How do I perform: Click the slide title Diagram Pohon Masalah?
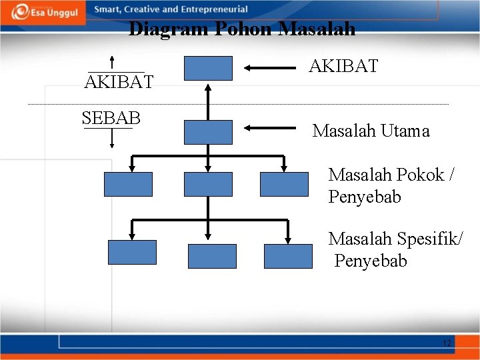click(x=241, y=29)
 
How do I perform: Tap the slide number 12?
click(x=447, y=343)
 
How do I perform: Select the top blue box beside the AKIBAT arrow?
click(x=208, y=68)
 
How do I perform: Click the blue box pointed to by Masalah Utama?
click(x=208, y=132)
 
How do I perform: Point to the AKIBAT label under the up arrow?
click(x=119, y=82)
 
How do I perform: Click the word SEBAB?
click(x=111, y=119)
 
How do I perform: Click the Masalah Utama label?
click(x=371, y=131)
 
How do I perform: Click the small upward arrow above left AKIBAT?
click(x=112, y=58)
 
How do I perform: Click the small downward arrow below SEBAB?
click(x=111, y=138)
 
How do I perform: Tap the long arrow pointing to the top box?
click(x=270, y=67)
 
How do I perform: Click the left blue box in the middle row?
click(x=128, y=184)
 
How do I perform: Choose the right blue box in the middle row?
click(x=284, y=184)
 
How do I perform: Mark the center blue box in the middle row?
click(x=208, y=184)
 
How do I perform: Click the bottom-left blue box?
click(x=132, y=253)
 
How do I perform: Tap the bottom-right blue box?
click(x=288, y=256)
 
